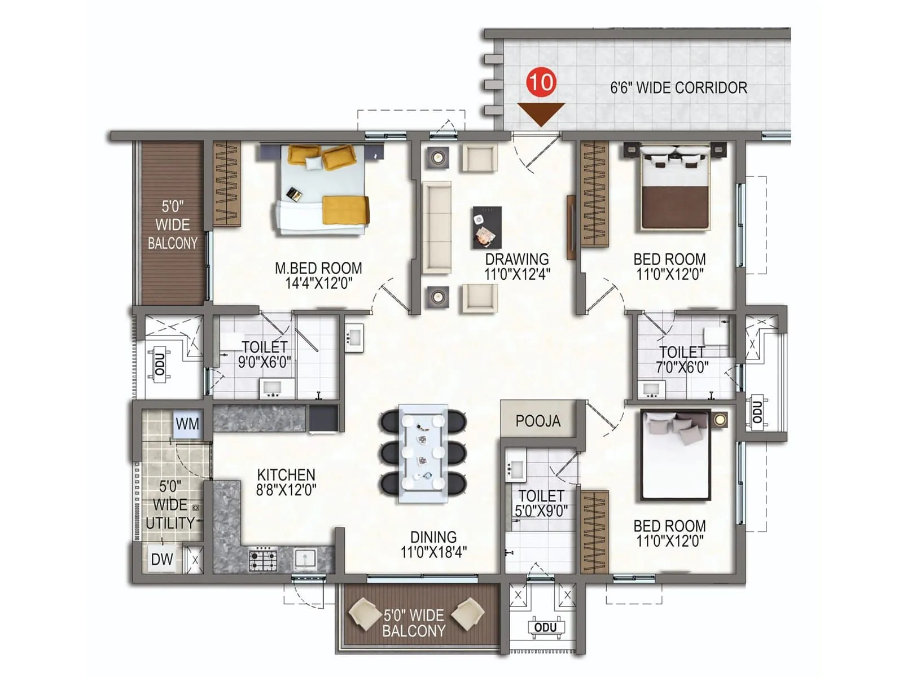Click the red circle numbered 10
541,82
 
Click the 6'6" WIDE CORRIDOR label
678,88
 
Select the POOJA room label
538,421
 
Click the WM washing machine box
187,424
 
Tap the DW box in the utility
162,560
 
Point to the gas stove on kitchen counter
263,560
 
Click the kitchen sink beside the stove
305,559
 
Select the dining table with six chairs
423,453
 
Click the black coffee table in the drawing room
486,227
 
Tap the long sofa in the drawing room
437,227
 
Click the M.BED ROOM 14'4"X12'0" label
318,275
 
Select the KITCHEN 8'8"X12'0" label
286,482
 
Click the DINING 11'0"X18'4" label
433,544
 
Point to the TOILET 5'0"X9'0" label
541,503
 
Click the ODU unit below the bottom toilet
545,628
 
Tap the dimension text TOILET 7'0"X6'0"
682,360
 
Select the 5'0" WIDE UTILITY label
170,504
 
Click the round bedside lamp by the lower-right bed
720,419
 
